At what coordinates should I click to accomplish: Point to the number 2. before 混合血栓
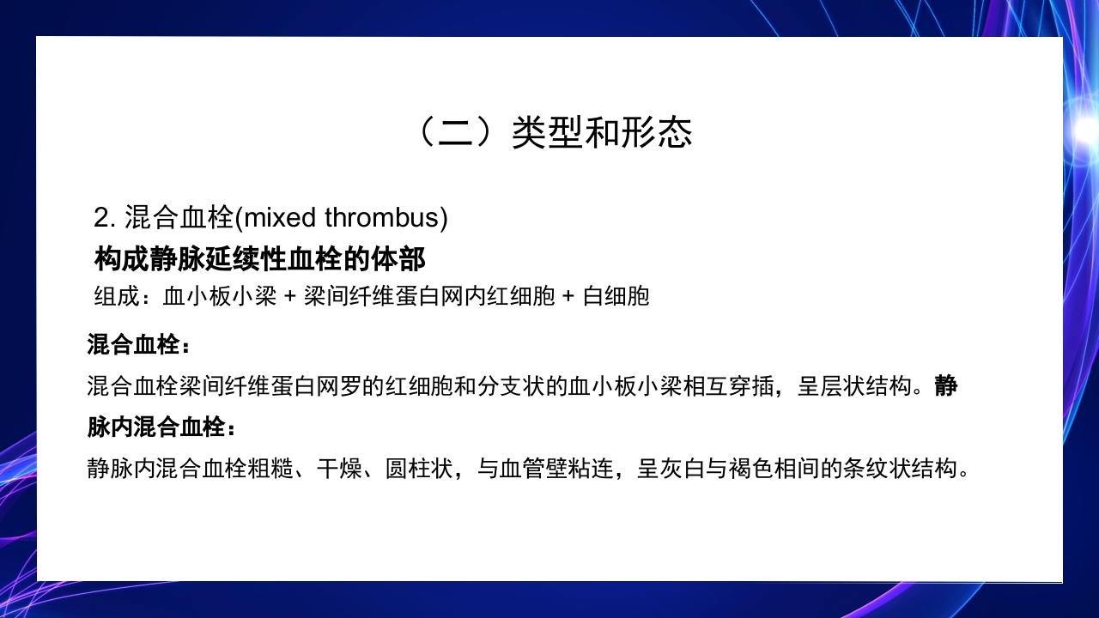tap(105, 218)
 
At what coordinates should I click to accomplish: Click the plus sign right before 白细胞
tap(568, 297)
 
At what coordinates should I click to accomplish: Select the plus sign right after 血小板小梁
tap(289, 297)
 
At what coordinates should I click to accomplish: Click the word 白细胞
tap(616, 297)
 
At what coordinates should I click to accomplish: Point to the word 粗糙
tap(272, 469)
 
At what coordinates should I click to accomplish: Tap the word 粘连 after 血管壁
tap(592, 469)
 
